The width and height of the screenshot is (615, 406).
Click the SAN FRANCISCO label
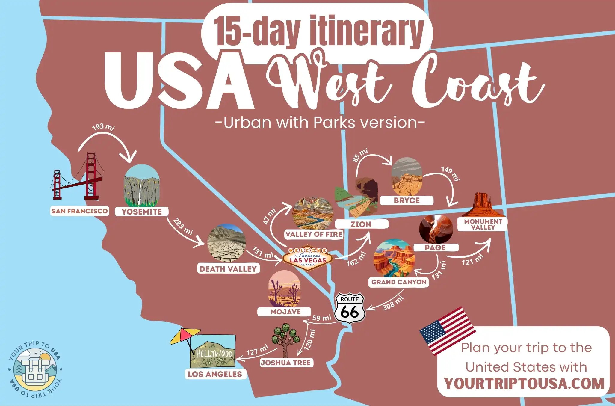click(79, 211)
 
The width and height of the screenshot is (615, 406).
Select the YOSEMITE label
click(141, 212)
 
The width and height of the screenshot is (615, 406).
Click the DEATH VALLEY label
click(228, 269)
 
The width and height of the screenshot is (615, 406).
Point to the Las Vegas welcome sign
click(308, 258)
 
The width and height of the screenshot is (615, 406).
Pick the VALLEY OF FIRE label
click(314, 234)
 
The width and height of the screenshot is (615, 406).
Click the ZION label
click(361, 224)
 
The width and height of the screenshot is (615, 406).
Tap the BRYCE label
click(407, 200)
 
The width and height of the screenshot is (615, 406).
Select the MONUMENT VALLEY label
click(483, 224)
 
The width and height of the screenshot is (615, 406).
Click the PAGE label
click(435, 247)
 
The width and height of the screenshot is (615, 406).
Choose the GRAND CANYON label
click(398, 282)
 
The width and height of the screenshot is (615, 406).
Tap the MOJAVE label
click(285, 312)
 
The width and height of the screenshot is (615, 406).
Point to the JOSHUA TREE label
click(285, 363)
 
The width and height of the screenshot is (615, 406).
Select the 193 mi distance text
click(103, 127)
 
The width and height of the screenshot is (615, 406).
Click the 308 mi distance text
click(393, 303)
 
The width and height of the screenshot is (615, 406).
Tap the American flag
click(448, 330)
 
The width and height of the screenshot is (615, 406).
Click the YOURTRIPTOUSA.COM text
click(524, 384)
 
